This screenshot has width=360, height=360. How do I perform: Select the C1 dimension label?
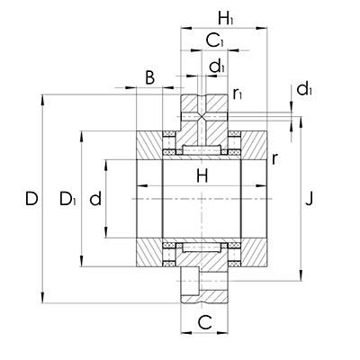pyautogui.click(x=215, y=40)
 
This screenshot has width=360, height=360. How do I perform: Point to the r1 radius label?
pyautogui.click(x=238, y=93)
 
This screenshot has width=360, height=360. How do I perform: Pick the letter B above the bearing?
pyautogui.click(x=149, y=78)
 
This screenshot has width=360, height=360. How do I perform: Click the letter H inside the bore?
pyautogui.click(x=202, y=177)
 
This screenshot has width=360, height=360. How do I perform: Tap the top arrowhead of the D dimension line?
pyautogui.click(x=43, y=95)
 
